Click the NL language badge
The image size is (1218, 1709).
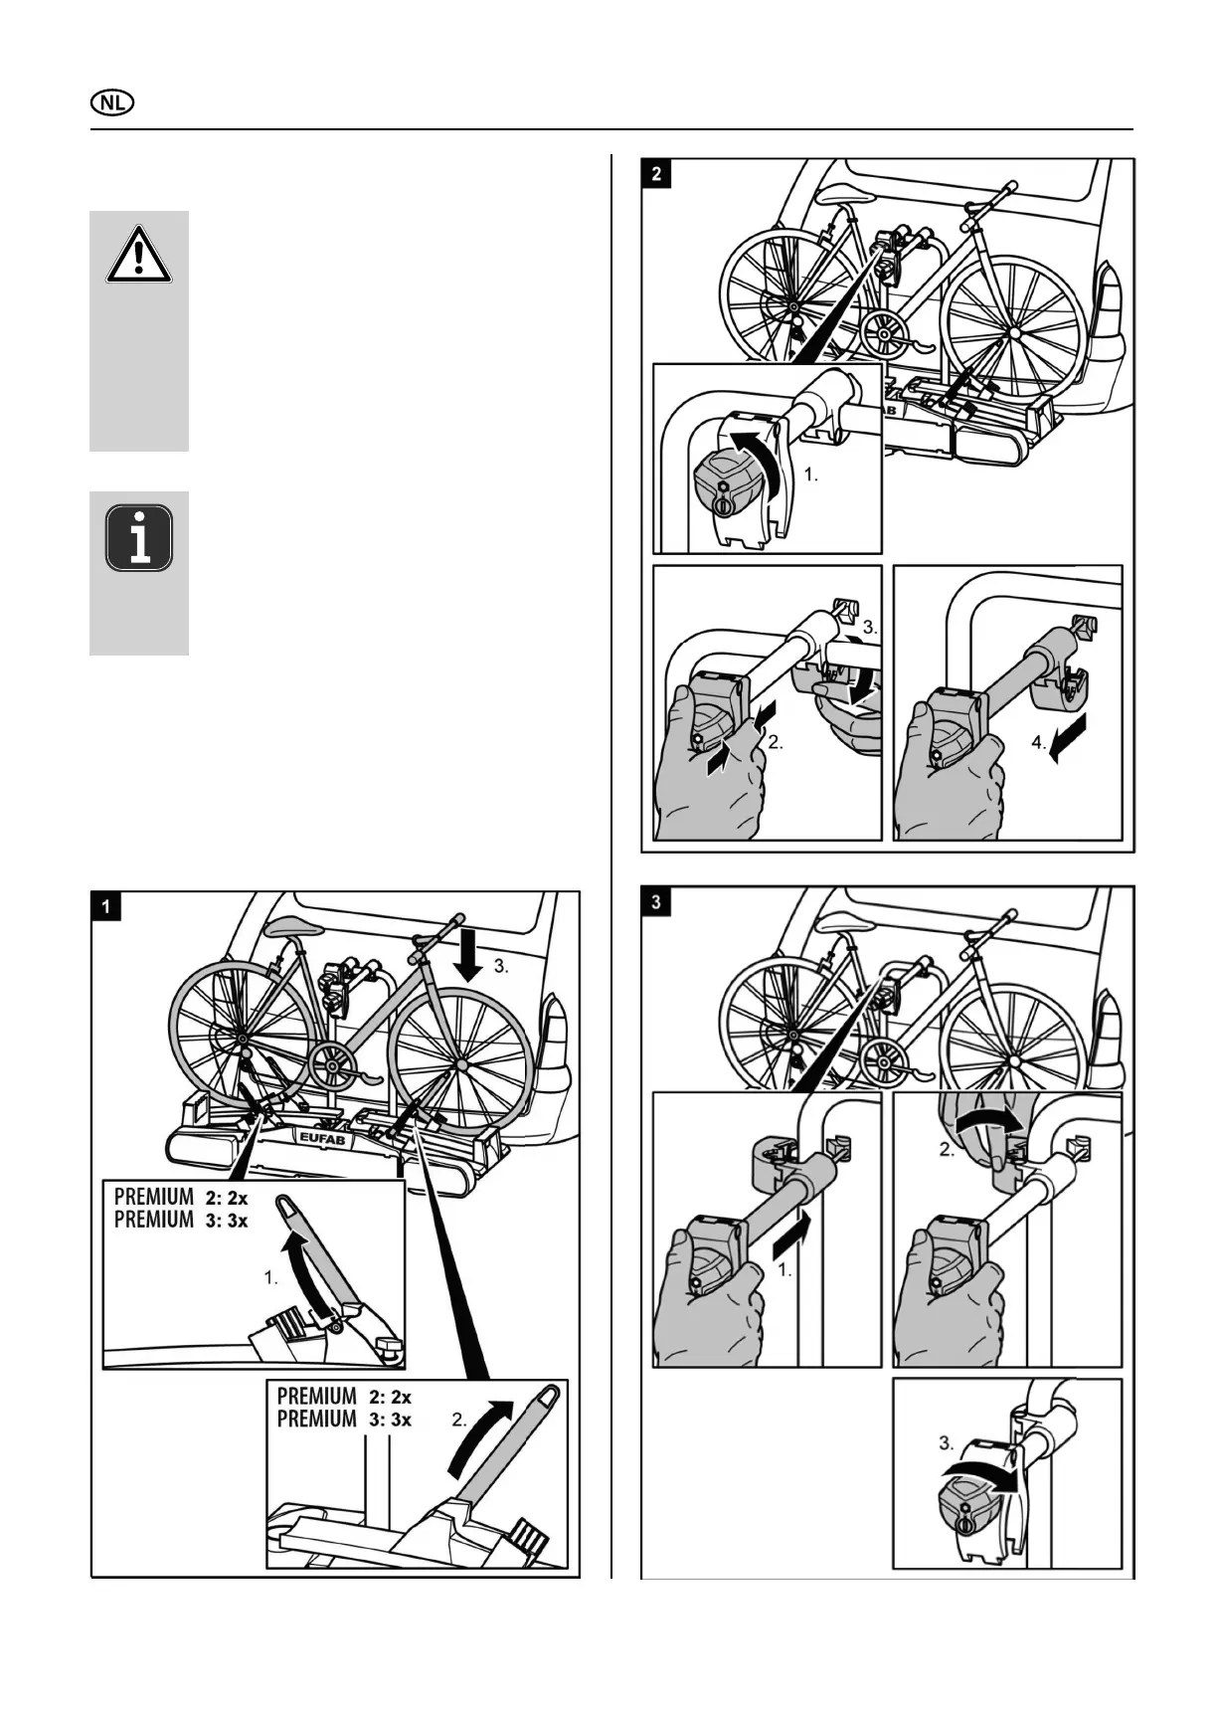click(112, 102)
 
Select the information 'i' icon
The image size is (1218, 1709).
click(139, 538)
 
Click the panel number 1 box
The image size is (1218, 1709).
click(106, 906)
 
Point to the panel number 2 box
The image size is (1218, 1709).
click(656, 173)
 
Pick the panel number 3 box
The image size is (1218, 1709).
click(656, 902)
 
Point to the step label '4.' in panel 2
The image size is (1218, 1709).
click(1039, 743)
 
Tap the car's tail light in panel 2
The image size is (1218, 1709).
click(1110, 298)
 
